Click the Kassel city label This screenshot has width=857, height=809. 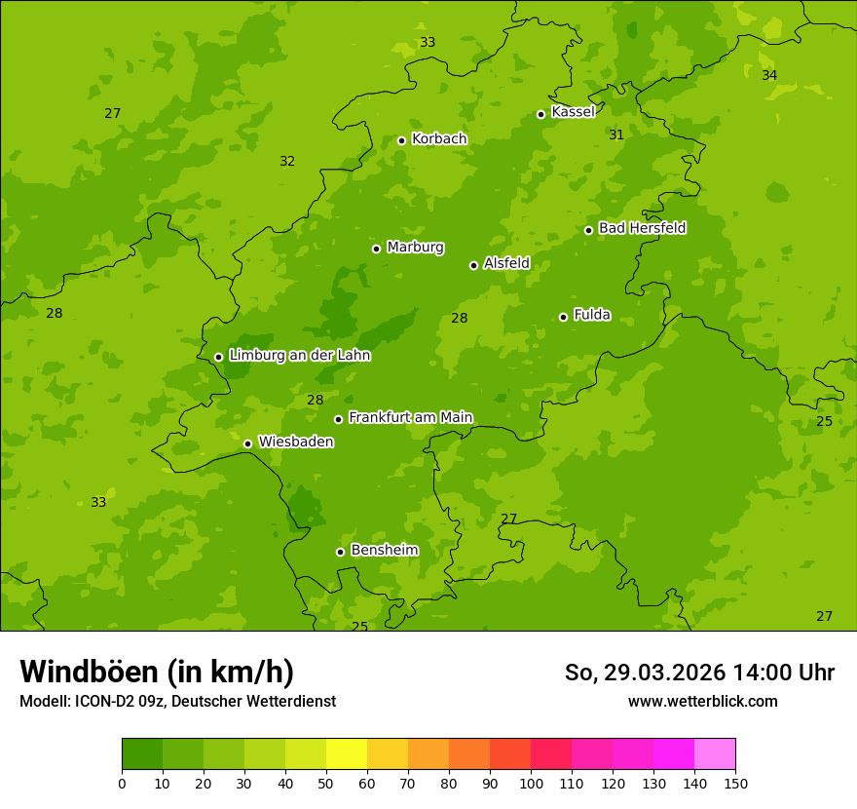[x=573, y=112]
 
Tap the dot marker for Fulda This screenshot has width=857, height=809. [x=563, y=317]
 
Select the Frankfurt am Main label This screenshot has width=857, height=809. [x=410, y=417]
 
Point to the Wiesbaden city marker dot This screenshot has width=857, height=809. [x=247, y=443]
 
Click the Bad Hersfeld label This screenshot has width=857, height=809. [x=642, y=228]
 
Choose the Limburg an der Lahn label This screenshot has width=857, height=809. [x=299, y=356]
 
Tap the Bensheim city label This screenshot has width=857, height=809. [x=384, y=550]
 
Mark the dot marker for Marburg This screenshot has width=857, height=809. [x=376, y=249]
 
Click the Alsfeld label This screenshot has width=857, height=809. [x=506, y=263]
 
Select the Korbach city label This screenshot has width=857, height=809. [x=439, y=139]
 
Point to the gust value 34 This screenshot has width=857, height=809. [x=769, y=76]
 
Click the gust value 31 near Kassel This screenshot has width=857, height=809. [x=616, y=135]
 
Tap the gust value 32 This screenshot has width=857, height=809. [x=287, y=162]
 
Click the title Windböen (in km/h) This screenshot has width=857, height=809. [x=157, y=672]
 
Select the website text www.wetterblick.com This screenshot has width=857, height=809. [x=702, y=701]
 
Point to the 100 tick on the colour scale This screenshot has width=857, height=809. [x=531, y=783]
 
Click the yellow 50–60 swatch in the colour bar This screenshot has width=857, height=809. [x=347, y=754]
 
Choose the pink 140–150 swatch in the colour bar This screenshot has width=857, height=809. [x=715, y=754]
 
